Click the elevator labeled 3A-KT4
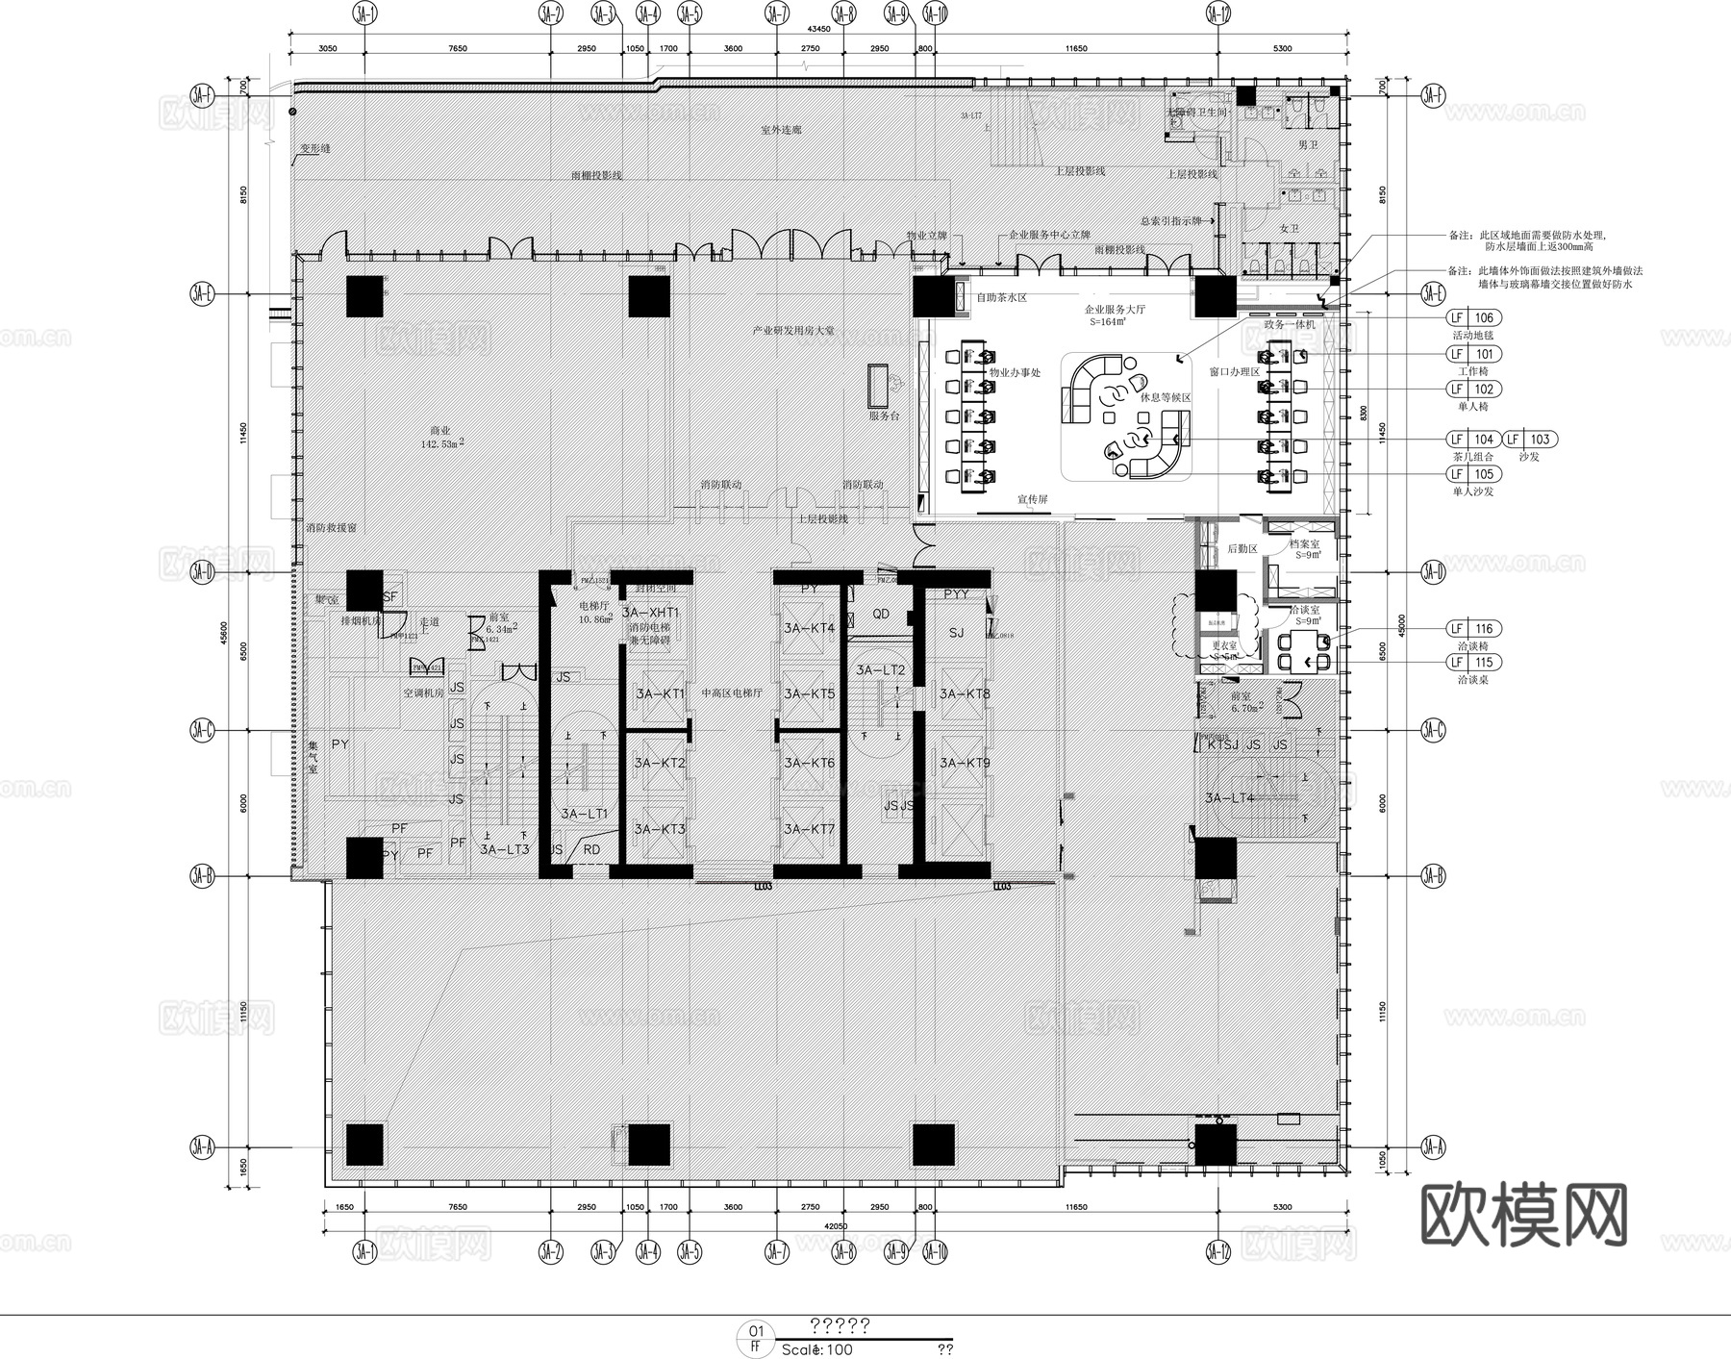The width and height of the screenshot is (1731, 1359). point(809,629)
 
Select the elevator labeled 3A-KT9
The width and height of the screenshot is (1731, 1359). point(965,763)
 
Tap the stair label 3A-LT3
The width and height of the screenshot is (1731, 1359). point(505,849)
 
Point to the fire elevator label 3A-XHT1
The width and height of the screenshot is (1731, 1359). point(651,613)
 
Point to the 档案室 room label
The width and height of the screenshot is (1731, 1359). point(1304,544)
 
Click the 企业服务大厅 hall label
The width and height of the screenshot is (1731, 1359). point(1115,310)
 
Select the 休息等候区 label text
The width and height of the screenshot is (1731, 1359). point(1166,397)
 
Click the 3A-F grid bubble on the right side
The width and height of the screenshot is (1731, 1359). point(1433,95)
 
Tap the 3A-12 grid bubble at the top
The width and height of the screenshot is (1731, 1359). point(1217,13)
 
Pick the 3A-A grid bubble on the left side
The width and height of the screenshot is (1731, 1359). point(202,1146)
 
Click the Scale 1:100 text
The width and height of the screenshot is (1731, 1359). point(817,1349)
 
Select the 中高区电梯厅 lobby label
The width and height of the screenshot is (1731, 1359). point(732,692)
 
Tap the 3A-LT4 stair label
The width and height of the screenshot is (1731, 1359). point(1229,797)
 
